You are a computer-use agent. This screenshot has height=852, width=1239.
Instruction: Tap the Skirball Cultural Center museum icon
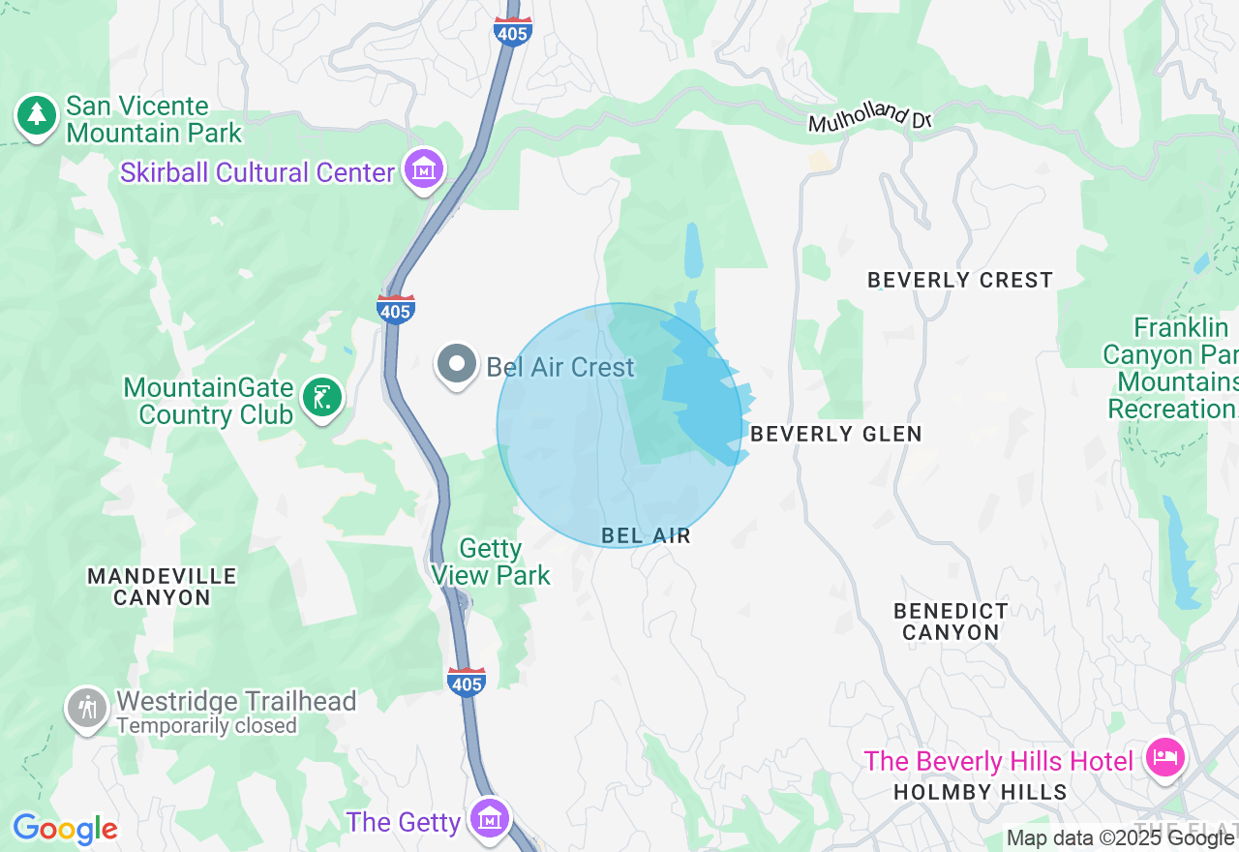(x=424, y=169)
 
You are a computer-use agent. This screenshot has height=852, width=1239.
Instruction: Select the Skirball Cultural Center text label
(x=257, y=173)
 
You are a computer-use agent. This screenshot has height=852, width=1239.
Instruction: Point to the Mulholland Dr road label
(x=869, y=117)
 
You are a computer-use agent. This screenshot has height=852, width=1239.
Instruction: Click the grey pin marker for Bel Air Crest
(x=456, y=365)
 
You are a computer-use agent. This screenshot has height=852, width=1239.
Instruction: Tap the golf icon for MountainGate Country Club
(x=322, y=397)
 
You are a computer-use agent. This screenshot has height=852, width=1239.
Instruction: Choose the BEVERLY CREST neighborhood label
(x=959, y=281)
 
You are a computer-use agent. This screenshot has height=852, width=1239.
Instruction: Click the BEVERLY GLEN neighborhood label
(x=836, y=434)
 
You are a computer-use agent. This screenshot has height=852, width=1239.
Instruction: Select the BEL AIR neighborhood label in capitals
(x=646, y=535)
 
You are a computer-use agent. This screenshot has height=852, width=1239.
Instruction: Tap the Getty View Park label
(x=491, y=563)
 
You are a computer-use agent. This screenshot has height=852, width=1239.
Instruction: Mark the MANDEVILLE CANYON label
(x=162, y=587)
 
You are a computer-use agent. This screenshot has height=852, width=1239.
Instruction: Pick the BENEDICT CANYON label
(x=951, y=622)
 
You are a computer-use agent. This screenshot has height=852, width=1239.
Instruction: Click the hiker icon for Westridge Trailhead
(x=87, y=708)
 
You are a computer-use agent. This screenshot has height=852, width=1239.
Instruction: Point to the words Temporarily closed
(x=206, y=726)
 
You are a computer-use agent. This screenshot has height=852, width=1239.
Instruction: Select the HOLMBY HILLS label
(x=980, y=792)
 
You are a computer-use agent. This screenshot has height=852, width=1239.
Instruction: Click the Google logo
(x=65, y=830)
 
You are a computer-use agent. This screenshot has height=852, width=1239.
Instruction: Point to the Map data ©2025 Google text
(x=1120, y=838)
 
